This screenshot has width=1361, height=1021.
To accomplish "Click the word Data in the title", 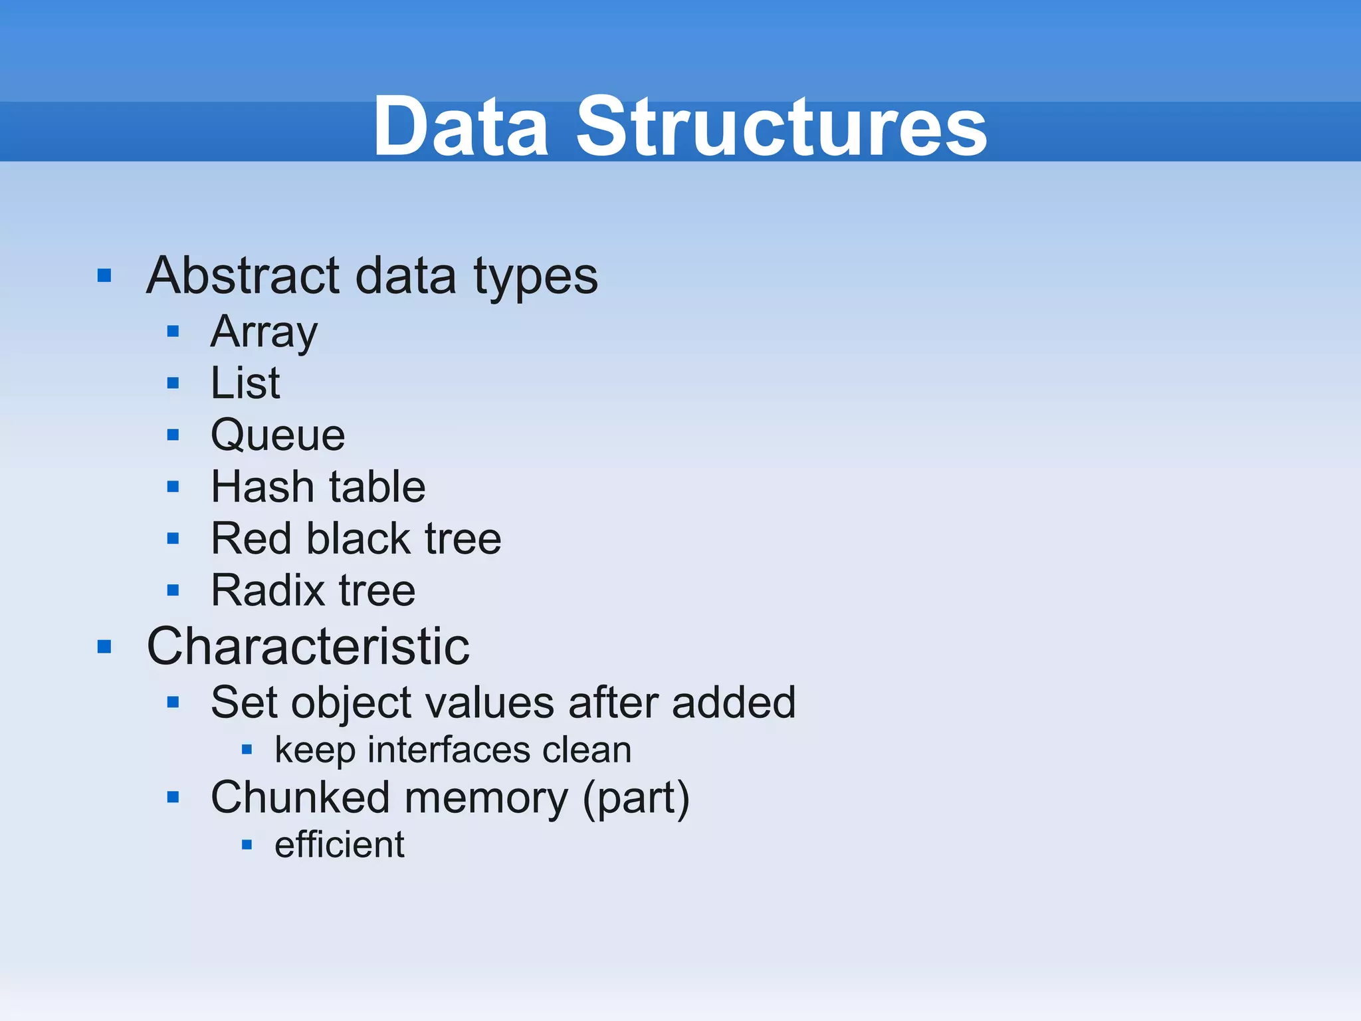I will [461, 126].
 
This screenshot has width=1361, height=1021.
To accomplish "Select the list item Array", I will [264, 332].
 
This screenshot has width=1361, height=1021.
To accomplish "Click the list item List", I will [245, 384].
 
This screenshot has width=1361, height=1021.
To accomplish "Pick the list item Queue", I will [278, 435].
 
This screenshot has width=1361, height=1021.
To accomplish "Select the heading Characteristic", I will [308, 646].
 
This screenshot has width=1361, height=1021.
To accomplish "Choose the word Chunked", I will [300, 798].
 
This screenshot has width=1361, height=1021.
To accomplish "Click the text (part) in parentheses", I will [636, 798].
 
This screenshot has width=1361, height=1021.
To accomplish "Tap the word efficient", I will [339, 845].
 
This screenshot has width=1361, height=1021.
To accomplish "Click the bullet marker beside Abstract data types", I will [104, 275].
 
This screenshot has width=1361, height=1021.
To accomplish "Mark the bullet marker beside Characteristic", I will [104, 646].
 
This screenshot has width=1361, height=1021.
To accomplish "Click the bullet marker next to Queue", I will [173, 435].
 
